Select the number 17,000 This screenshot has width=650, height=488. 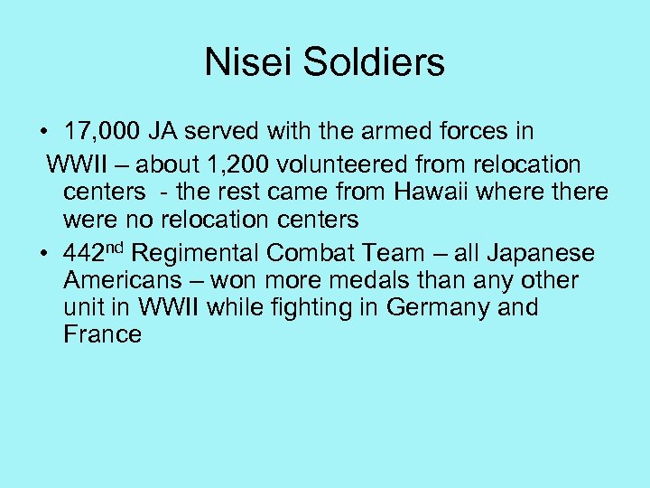102,132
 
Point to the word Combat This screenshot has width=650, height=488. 315,254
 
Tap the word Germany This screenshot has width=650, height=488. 438,308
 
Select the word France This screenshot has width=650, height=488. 103,335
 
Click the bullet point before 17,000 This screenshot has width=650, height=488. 44,132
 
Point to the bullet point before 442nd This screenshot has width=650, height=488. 44,255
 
